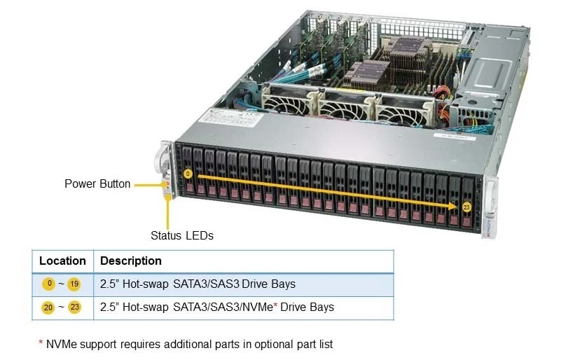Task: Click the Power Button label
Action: coord(97,184)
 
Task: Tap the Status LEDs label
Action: coord(182,235)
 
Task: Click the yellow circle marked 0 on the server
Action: coord(188,174)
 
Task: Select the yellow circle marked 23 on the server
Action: coord(467,207)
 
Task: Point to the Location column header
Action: coord(62,261)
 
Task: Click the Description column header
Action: coord(131,261)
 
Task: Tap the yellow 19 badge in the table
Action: coord(74,284)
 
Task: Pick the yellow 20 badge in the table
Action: coord(48,307)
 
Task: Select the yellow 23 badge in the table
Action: coord(74,307)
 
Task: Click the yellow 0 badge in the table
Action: coord(48,284)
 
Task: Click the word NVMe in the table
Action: coord(258,307)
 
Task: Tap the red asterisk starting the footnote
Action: coord(41,342)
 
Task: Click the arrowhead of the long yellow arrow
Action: coord(453,206)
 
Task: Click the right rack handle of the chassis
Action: coord(490,208)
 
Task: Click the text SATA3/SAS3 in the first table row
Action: coord(206,284)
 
